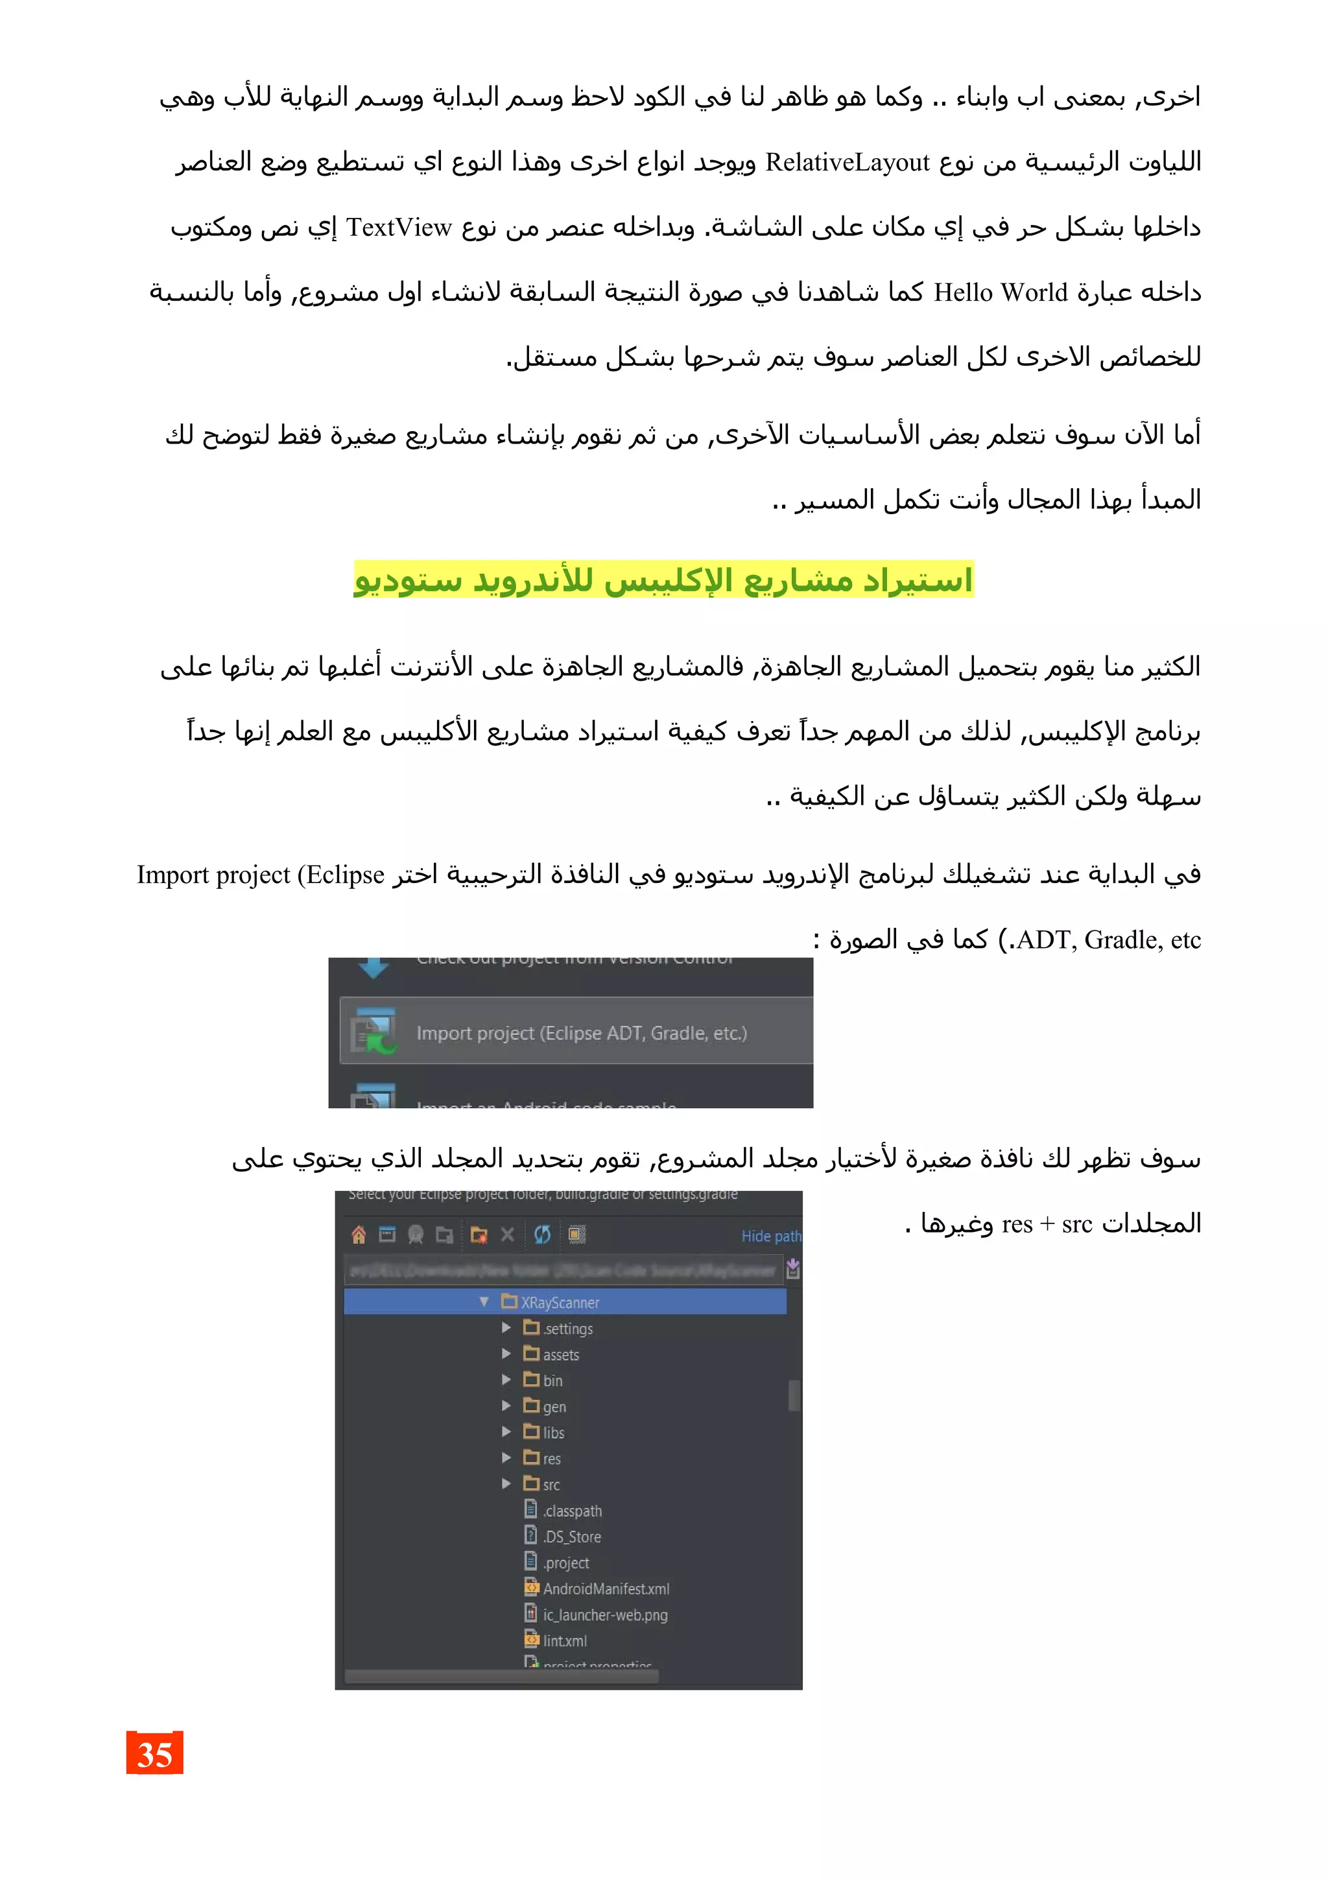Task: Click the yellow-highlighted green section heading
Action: click(663, 580)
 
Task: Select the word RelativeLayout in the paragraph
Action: click(847, 163)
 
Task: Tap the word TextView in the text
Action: click(399, 228)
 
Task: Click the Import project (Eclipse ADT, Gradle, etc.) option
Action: click(581, 1033)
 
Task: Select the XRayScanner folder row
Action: click(560, 1302)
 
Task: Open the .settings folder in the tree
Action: click(568, 1329)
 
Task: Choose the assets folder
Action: click(560, 1354)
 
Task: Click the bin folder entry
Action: click(552, 1380)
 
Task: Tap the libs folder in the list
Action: click(553, 1432)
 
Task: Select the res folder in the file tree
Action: click(551, 1458)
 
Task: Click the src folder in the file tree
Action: click(551, 1485)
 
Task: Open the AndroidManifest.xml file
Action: click(606, 1589)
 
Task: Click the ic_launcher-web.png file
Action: click(605, 1614)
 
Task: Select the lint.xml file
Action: click(565, 1641)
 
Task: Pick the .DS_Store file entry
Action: click(572, 1537)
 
